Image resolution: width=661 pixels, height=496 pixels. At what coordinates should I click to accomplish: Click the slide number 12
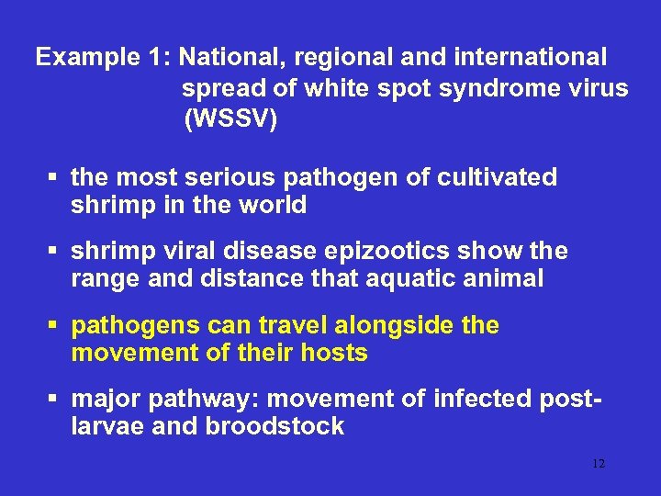(599, 465)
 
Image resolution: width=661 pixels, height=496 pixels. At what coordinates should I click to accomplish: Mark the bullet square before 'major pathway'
(54, 400)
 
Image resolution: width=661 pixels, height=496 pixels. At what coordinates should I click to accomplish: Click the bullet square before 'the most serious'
(54, 177)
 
